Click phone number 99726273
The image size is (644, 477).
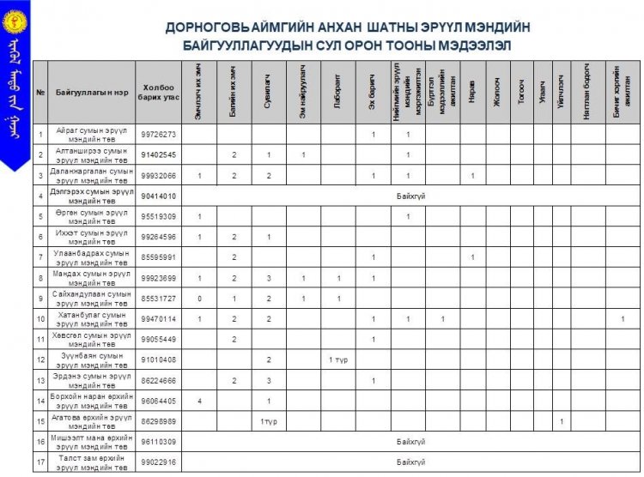pos(158,135)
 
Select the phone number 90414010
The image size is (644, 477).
pos(158,196)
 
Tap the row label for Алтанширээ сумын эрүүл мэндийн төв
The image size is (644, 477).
pos(91,154)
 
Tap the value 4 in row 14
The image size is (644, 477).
pos(199,401)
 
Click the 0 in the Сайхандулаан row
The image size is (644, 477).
pos(199,299)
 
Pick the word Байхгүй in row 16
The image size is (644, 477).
pos(409,442)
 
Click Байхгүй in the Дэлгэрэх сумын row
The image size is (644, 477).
pos(409,196)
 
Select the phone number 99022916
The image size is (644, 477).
pos(158,462)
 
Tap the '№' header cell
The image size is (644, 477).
pos(40,93)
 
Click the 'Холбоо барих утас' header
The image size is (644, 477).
pos(158,93)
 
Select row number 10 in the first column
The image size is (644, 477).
pos(40,319)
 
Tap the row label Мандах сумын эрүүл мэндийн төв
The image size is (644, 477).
pos(91,278)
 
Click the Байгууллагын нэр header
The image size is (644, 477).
pos(91,93)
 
